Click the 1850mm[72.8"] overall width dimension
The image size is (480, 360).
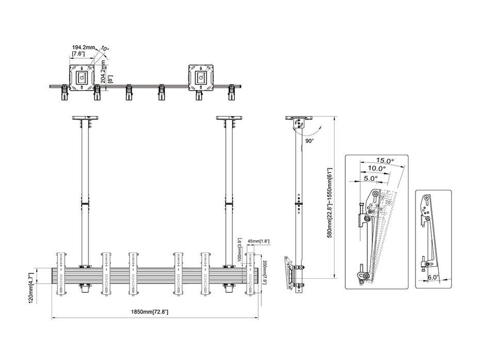pos(150,312)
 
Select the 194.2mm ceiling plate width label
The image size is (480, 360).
pos(84,47)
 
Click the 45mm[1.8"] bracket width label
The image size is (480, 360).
pos(259,241)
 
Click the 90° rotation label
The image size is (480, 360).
pos(310,141)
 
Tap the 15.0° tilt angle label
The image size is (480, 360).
pos(385,160)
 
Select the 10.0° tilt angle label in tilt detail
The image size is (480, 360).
pos(377,168)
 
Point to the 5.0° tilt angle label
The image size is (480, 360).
pos(371,178)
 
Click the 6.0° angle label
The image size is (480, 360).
pos(433,277)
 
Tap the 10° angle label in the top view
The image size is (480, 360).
pos(104,49)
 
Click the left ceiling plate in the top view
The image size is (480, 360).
pos(82,77)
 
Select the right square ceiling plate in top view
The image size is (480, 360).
pos(200,77)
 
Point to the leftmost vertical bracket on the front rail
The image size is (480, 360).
pos(60,274)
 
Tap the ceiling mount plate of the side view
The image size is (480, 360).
pos(299,118)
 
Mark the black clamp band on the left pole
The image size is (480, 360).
pos(85,204)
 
